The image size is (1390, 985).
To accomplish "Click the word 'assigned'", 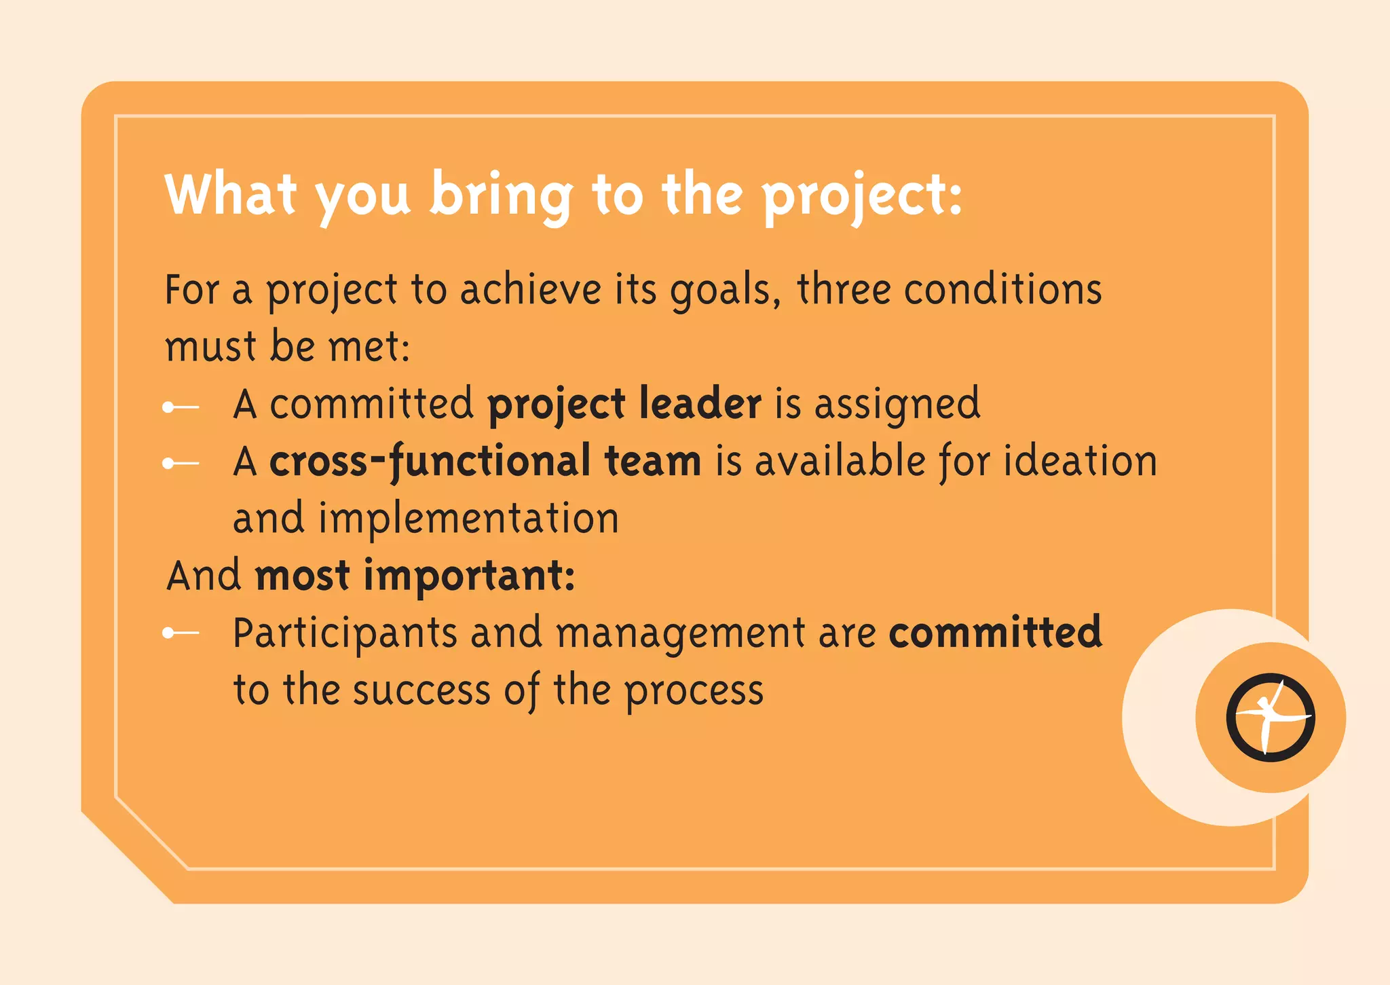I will point(897,405).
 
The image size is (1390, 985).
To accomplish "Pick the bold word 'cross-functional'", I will point(430,462).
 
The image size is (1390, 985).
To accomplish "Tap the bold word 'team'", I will point(652,461).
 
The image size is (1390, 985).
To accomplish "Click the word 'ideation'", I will point(1081,461).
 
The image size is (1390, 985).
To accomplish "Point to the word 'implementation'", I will point(468,519).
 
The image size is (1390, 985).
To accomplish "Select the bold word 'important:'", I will point(470,576).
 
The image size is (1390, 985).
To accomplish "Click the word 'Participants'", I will point(345,634).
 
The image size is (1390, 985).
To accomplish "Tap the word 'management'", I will point(680,634).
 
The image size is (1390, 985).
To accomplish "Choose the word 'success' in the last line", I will point(421,690).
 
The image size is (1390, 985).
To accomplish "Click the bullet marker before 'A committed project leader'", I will point(180,407).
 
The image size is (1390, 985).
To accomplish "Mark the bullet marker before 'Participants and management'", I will point(180,633).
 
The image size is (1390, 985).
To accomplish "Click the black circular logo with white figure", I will point(1270,718).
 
